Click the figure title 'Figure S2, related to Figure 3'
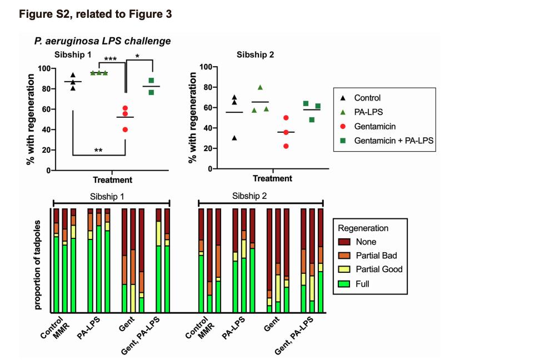click(x=96, y=14)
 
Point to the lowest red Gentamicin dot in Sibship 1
click(x=125, y=129)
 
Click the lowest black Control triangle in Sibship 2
click(x=234, y=138)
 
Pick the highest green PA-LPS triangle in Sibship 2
click(x=259, y=87)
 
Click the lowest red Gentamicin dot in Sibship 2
click(x=286, y=146)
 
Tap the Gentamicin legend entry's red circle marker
click(x=344, y=127)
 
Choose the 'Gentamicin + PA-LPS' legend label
click(x=394, y=141)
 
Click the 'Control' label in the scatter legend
click(x=367, y=98)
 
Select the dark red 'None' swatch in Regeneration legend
click(x=344, y=242)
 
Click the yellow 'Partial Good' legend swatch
click(x=344, y=269)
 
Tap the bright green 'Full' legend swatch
click(x=344, y=283)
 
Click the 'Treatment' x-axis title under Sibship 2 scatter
click(x=272, y=178)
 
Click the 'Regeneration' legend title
click(x=363, y=228)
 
